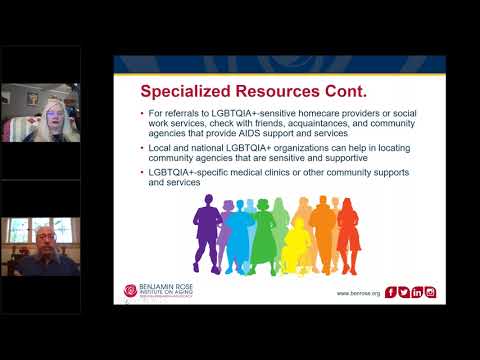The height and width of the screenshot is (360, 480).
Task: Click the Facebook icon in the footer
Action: [x=391, y=292]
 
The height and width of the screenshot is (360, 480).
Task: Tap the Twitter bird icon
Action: [x=404, y=292]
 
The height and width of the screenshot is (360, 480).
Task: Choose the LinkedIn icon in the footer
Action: [x=417, y=292]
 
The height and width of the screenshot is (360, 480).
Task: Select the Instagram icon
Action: [x=430, y=292]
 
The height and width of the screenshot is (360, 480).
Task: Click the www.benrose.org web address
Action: [x=357, y=293]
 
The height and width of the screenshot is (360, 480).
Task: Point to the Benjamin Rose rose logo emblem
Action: [x=130, y=291]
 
